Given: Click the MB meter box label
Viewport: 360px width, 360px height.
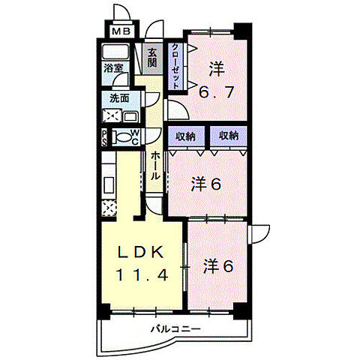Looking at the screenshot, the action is (121, 31).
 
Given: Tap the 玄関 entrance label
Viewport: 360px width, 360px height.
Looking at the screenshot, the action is (152, 58).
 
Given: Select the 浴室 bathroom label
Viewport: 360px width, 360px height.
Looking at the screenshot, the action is (113, 68).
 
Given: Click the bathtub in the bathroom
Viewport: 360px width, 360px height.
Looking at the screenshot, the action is (115, 52).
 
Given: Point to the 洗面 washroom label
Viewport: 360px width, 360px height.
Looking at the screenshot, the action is (119, 98).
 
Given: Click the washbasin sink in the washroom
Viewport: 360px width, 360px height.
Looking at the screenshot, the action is (131, 117).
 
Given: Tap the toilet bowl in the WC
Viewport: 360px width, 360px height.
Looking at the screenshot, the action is (121, 138).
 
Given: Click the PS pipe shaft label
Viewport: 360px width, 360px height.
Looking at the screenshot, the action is (104, 138).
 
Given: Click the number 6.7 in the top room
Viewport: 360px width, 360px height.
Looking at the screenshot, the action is (217, 92).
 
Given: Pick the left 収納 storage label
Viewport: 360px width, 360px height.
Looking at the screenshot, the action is (185, 136).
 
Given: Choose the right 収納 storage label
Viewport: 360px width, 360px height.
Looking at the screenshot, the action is (229, 136).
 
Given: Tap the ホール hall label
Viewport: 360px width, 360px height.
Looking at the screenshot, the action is (155, 166).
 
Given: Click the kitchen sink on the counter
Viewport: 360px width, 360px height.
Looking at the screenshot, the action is (109, 185).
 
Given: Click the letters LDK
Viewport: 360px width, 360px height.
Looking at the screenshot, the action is (141, 252).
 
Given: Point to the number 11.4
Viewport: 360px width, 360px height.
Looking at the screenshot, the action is (142, 274).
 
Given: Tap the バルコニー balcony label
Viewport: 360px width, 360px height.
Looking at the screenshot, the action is (175, 329).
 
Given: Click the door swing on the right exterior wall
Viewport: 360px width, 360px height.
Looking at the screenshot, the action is (259, 235).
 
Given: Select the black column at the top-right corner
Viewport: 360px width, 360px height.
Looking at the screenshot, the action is (243, 31).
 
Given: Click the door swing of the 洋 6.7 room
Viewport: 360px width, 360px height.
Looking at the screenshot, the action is (178, 109).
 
